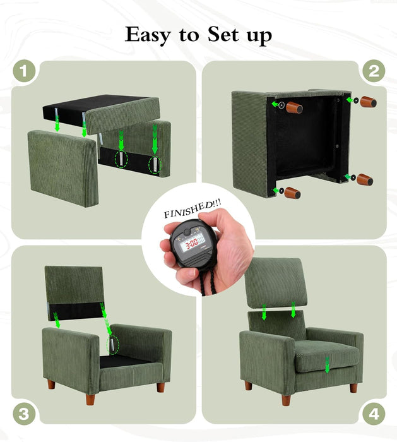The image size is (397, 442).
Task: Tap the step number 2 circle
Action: coord(373,71)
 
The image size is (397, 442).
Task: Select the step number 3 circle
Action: coord(24,414)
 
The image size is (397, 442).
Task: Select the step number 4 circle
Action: coord(373,414)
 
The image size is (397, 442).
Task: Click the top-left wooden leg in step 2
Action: coord(293,107)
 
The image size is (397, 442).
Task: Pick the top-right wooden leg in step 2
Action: coord(368,101)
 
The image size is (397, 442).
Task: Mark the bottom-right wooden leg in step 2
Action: coord(364,180)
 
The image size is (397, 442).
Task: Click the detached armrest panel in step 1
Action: coord(62,167)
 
